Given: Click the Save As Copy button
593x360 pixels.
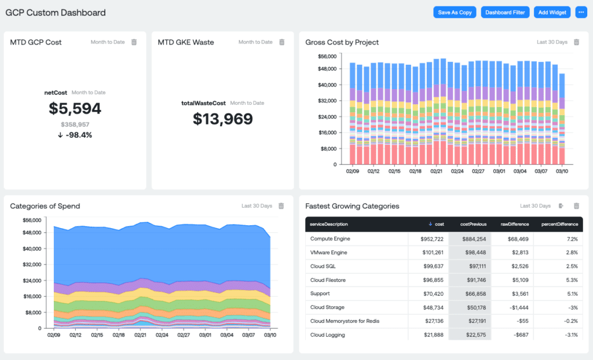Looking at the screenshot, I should [x=455, y=12].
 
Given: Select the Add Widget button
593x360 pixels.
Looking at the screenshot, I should [x=552, y=12].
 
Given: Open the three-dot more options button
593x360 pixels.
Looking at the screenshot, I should [x=581, y=12].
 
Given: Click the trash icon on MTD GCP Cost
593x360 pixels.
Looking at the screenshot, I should [x=134, y=42].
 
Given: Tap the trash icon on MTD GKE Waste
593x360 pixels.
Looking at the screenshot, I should [x=282, y=42].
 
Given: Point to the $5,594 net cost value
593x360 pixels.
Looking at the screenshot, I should [x=75, y=108].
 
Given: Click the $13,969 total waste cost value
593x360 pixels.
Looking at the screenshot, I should [x=222, y=119].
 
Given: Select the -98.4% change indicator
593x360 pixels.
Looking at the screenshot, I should [x=75, y=135].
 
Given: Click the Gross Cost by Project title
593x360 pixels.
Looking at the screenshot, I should [x=342, y=42].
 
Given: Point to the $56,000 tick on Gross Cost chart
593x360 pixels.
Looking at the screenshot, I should [x=327, y=56].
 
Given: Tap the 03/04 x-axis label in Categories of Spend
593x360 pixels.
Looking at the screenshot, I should [x=226, y=335].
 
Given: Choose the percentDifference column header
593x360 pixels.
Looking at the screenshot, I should [x=559, y=224].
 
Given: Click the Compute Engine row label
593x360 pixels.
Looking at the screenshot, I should [x=330, y=238].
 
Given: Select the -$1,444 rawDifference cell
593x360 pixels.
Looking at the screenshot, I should [x=518, y=307].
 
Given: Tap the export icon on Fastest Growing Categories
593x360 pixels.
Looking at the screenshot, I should [x=561, y=206].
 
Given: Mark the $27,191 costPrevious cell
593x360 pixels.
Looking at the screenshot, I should [x=474, y=321].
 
